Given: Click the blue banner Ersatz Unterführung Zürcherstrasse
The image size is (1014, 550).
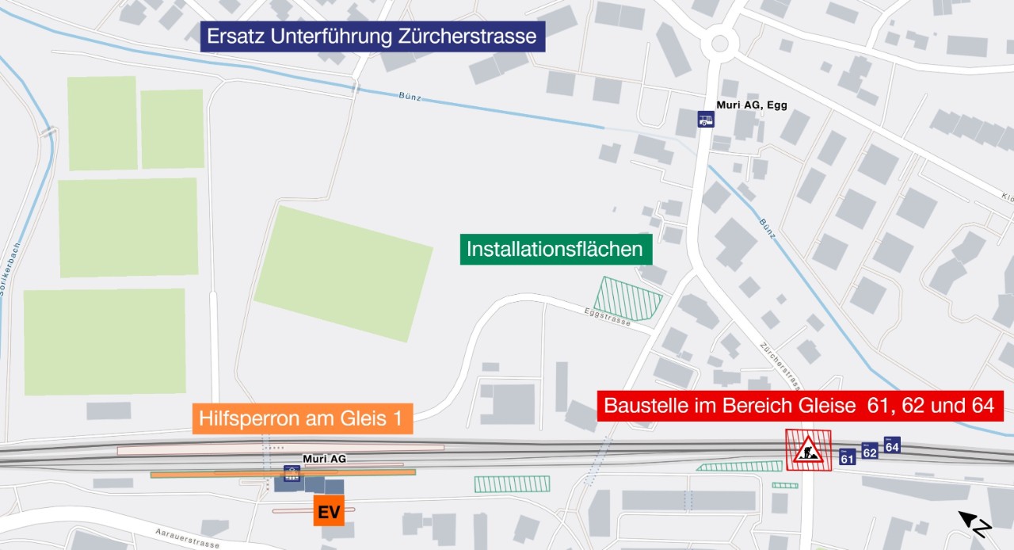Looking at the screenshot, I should [x=372, y=36].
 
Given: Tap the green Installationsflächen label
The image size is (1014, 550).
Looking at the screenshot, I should [x=555, y=249].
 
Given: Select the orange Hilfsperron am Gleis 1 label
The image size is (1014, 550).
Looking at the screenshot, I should [x=302, y=419].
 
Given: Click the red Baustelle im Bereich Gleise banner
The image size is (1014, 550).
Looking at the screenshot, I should [x=799, y=406].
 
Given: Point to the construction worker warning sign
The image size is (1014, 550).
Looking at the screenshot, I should [x=808, y=450].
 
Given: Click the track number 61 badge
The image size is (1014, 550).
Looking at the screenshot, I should [x=847, y=457].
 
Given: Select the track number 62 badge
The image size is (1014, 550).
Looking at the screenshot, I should [x=870, y=451].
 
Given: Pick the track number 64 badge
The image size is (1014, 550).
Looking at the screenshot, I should [x=892, y=445].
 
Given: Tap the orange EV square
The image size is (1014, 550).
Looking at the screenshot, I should [x=329, y=511].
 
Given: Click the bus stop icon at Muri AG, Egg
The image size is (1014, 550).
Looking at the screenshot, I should [x=705, y=119].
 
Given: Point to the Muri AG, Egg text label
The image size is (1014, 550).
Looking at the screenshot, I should [x=751, y=105].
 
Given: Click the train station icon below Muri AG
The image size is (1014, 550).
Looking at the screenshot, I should [x=292, y=474].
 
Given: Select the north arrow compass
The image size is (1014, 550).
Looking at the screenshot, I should [x=977, y=524].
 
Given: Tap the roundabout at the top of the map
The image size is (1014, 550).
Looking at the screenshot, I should [x=719, y=42].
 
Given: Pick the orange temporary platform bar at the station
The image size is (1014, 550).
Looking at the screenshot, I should [x=283, y=473].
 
